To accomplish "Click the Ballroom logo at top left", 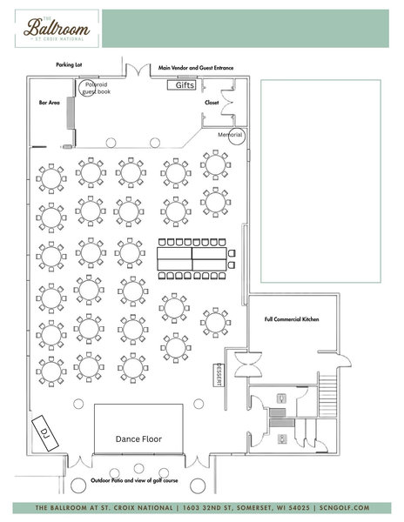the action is tap(57, 29).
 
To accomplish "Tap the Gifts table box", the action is tap(181, 85).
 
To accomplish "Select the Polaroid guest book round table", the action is tap(88, 88).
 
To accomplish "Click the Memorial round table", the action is tap(237, 137).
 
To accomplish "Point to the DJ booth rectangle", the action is tap(45, 433).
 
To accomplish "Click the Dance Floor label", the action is tap(138, 439).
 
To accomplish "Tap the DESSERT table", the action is tap(219, 375).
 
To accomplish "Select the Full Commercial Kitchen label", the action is tap(292, 319).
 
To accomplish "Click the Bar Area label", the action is tap(50, 103).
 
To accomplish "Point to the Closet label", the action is tap(212, 103).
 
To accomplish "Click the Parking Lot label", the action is tap(69, 64).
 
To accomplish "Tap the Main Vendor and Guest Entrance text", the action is tap(196, 68).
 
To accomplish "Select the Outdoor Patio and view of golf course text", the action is tap(134, 480).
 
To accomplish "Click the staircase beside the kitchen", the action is tap(327, 396).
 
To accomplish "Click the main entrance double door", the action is tap(138, 70).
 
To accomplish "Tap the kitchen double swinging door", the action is tap(248, 365).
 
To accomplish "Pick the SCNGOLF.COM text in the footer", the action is tap(345, 508).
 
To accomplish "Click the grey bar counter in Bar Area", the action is tap(71, 113).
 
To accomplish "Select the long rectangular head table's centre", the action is tap(192, 258).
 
